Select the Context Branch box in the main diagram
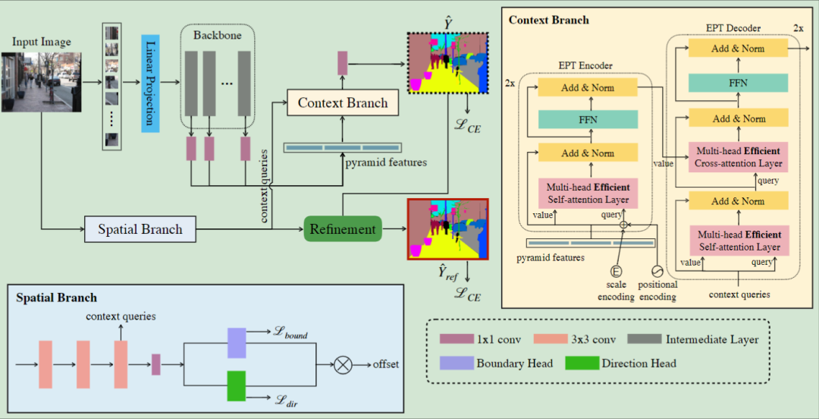(342, 102)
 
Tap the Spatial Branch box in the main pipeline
(140, 228)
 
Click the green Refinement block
(342, 228)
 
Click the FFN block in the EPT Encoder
(588, 119)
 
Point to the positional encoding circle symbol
(657, 270)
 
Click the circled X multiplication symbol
(344, 365)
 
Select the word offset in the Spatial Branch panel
(385, 365)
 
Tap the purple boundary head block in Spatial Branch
(237, 342)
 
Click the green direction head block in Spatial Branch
(237, 386)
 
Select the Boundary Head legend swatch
(457, 363)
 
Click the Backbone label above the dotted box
(217, 36)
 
